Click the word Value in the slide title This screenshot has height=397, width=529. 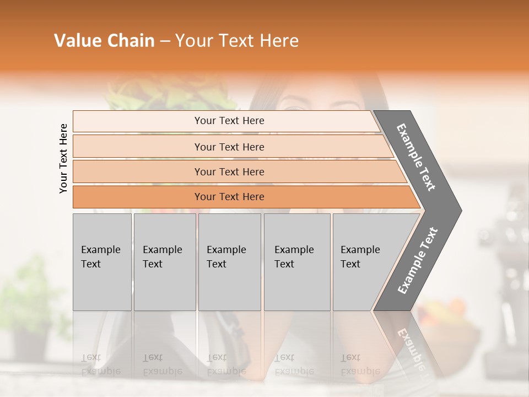pos(75,41)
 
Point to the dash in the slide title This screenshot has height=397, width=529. pos(165,41)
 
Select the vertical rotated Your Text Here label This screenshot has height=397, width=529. pos(63,158)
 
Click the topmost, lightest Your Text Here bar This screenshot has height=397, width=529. pos(229,121)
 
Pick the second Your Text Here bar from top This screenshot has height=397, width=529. pos(229,147)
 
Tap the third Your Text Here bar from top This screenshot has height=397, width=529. pos(229,171)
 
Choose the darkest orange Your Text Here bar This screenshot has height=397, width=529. pos(229,197)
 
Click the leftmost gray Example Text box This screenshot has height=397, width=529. pos(102,262)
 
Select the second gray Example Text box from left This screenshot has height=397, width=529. pos(164,262)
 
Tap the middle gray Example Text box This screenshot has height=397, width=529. pos(229,262)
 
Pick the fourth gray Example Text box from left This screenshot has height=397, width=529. pos(296,262)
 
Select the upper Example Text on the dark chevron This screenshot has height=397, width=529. pos(417,157)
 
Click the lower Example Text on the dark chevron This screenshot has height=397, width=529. pos(418,261)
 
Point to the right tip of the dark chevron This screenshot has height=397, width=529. pos(460,210)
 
